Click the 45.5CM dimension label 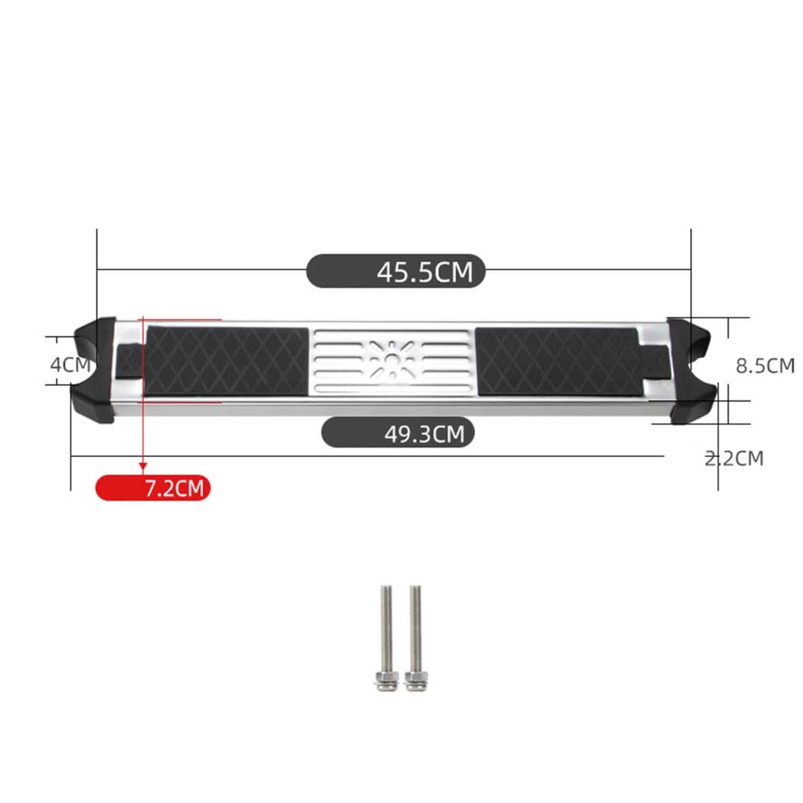point(425,272)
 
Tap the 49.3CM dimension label point(424,434)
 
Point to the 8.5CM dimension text point(766,366)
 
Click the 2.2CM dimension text point(734,458)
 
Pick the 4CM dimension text point(70,365)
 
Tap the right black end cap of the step point(692,371)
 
